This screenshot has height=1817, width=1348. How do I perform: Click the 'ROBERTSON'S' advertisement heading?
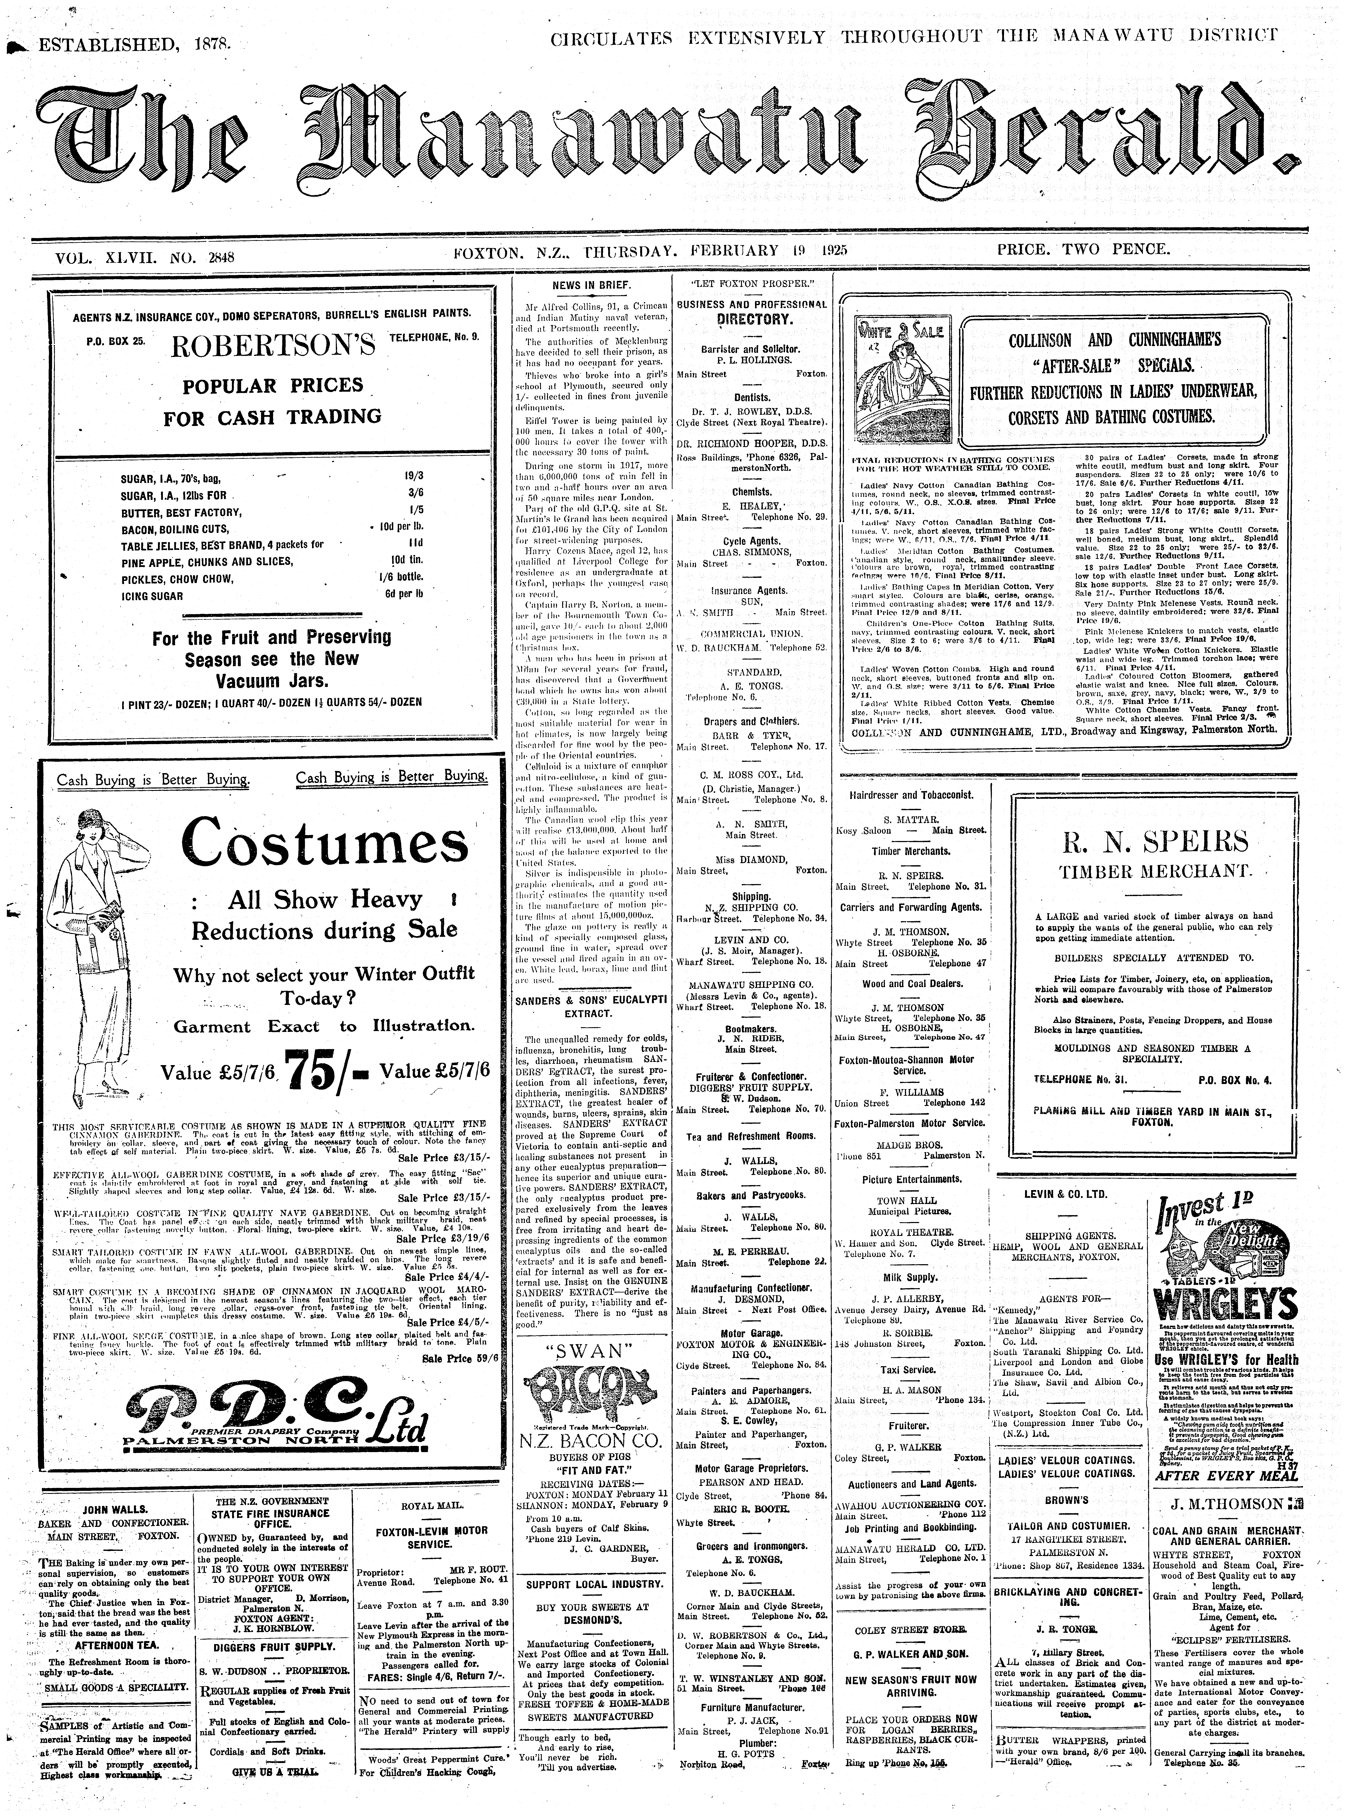click(273, 346)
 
